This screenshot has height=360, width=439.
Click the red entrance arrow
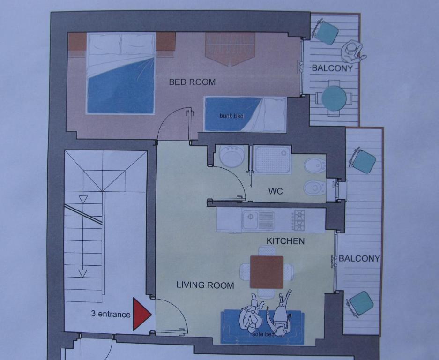(x=141, y=314)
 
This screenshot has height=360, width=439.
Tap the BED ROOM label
(x=192, y=82)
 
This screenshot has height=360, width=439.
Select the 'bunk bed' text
(x=231, y=116)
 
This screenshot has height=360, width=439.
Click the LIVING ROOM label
(x=205, y=285)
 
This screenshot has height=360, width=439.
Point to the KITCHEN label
(x=285, y=241)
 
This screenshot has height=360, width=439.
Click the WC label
(x=275, y=191)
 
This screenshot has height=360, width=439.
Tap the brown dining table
(x=267, y=272)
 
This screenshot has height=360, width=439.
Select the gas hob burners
(x=299, y=220)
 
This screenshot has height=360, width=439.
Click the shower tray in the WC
(x=272, y=159)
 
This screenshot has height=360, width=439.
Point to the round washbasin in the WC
(x=232, y=156)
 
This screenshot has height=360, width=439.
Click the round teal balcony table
(x=334, y=98)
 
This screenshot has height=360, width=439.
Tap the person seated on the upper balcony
(x=352, y=52)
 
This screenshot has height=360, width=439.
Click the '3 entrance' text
(x=111, y=314)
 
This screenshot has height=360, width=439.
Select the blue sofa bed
(x=262, y=327)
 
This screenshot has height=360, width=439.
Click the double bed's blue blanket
(x=121, y=87)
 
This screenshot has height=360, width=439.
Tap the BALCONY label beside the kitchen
(x=359, y=258)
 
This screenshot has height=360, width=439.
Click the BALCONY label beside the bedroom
(x=332, y=68)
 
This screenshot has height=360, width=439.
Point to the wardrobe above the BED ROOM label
(x=230, y=48)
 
